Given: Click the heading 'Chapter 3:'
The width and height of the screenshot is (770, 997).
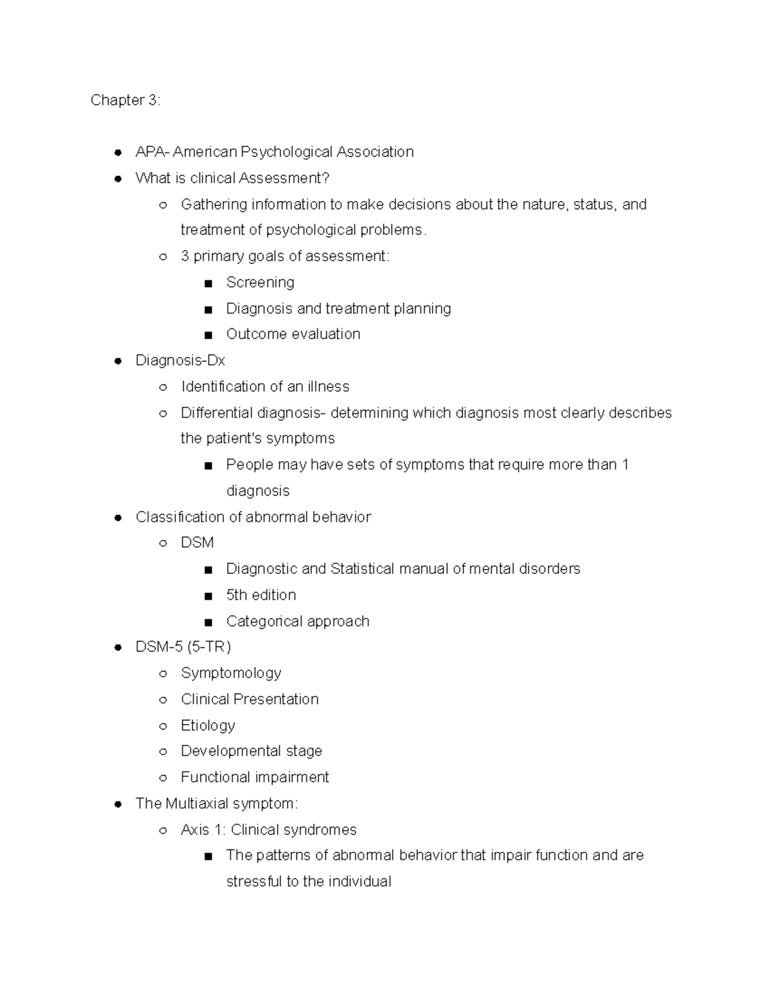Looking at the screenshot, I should (x=125, y=100).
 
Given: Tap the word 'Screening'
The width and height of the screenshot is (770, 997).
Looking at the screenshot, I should (x=260, y=282).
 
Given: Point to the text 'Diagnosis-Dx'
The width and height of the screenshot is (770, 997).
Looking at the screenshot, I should (x=180, y=361).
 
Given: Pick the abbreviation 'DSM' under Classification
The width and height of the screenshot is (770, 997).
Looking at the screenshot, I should (x=197, y=543).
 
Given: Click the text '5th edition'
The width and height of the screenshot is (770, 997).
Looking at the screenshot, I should (x=261, y=595).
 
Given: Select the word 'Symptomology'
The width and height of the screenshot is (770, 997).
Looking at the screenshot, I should (x=231, y=673).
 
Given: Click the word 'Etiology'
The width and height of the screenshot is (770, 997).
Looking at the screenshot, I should (x=208, y=725).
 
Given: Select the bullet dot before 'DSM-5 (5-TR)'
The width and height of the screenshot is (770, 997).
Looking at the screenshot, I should (x=117, y=648).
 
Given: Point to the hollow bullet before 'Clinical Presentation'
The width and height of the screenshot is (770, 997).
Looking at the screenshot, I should (x=163, y=700).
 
